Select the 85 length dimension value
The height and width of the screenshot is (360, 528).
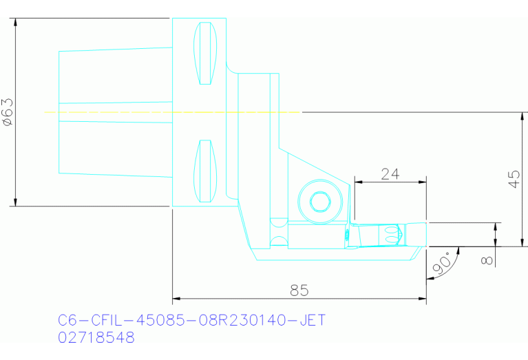pyautogui.click(x=299, y=290)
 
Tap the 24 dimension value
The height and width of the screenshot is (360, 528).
pyautogui.click(x=390, y=173)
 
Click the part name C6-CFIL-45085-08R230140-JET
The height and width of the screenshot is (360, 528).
pyautogui.click(x=191, y=320)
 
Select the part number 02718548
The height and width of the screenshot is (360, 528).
pyautogui.click(x=96, y=338)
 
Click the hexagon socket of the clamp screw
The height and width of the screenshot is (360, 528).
pyautogui.click(x=319, y=202)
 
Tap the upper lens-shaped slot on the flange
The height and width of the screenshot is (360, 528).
pyautogui.click(x=205, y=54)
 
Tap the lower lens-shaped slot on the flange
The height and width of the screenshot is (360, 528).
pyautogui.click(x=205, y=171)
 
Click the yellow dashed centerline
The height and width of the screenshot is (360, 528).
pyautogui.click(x=172, y=112)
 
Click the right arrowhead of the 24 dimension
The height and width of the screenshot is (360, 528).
pyautogui.click(x=423, y=182)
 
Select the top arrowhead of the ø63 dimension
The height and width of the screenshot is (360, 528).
pyautogui.click(x=14, y=23)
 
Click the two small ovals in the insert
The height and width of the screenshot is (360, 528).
pyautogui.click(x=393, y=234)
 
